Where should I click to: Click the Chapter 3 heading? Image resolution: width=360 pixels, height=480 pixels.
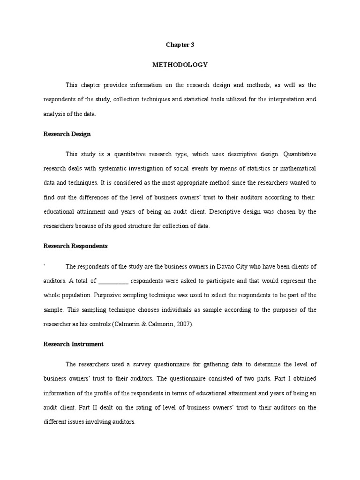pos(180,45)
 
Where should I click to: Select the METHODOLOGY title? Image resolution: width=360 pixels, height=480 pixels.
pos(180,65)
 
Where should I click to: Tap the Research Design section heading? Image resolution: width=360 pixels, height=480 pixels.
pos(67,134)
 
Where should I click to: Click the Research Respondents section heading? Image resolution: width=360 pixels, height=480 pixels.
pos(75,246)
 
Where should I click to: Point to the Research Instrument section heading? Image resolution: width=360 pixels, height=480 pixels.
pos(73,344)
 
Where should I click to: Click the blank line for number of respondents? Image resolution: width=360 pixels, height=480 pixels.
pos(114,281)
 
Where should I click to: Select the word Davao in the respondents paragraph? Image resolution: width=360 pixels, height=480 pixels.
pos(227,267)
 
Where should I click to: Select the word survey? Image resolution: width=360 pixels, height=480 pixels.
pos(133,364)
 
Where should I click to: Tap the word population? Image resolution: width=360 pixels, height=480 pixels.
pos(75,295)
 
